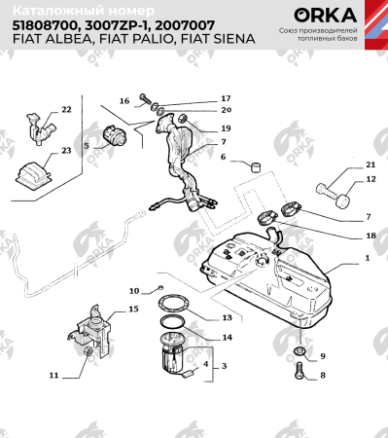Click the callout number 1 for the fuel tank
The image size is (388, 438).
point(368,259)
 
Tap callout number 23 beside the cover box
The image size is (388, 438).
point(66,151)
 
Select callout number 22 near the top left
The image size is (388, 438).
point(66,109)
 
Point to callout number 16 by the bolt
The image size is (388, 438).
point(124,100)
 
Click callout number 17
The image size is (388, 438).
point(226,98)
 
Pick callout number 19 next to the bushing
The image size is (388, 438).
point(226,128)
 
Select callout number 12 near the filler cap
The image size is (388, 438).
point(370,180)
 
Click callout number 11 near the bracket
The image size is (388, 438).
point(53,374)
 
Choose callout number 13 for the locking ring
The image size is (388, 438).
point(226,317)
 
